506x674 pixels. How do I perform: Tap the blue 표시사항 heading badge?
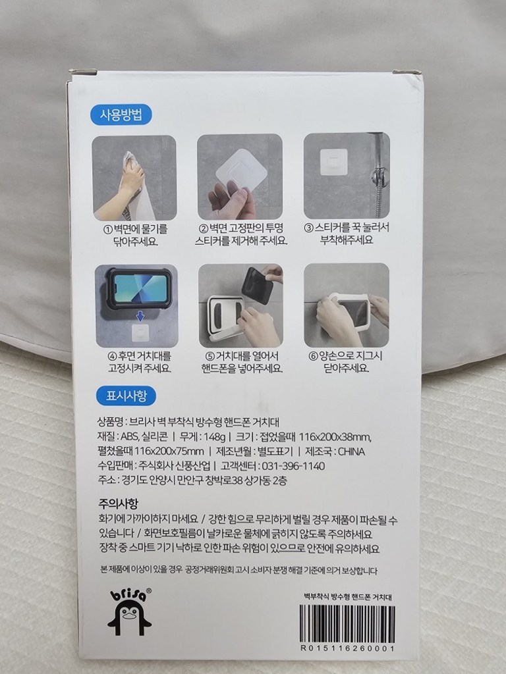pyautogui.click(x=121, y=396)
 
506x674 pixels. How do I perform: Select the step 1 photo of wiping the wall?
pyautogui.click(x=134, y=177)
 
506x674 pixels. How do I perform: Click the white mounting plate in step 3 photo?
pyautogui.click(x=333, y=161)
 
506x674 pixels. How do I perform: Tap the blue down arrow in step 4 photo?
pyautogui.click(x=140, y=317)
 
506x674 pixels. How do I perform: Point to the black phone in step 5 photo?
pyautogui.click(x=257, y=284)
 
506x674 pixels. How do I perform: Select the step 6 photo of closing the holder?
pyautogui.click(x=347, y=305)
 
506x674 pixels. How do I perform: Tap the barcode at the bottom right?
pyautogui.click(x=347, y=623)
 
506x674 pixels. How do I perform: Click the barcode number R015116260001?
pyautogui.click(x=347, y=648)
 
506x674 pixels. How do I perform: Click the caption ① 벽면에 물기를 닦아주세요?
pyautogui.click(x=134, y=235)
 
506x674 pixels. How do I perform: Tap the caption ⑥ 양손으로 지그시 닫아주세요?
pyautogui.click(x=347, y=363)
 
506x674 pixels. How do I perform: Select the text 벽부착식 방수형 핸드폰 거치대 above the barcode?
pyautogui.click(x=347, y=597)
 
